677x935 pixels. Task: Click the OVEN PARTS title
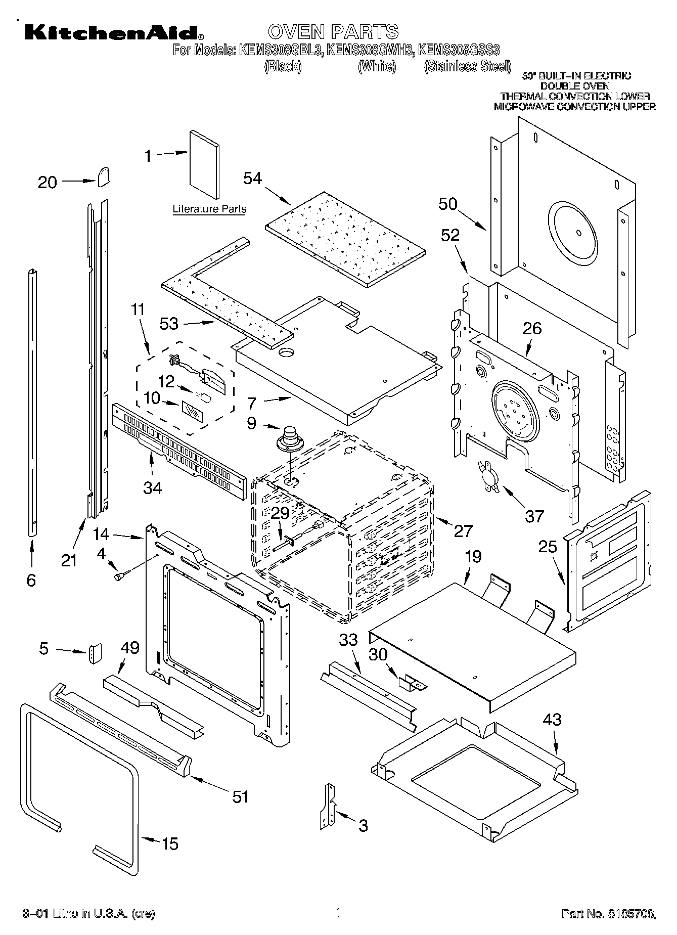(x=333, y=32)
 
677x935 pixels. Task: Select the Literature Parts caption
(x=209, y=209)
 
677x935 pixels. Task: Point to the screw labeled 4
(x=122, y=575)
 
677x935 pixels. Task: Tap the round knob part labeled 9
(x=290, y=437)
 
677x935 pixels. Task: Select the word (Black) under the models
(x=283, y=66)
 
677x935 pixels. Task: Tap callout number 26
(x=532, y=328)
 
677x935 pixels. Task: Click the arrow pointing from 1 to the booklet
(x=171, y=154)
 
